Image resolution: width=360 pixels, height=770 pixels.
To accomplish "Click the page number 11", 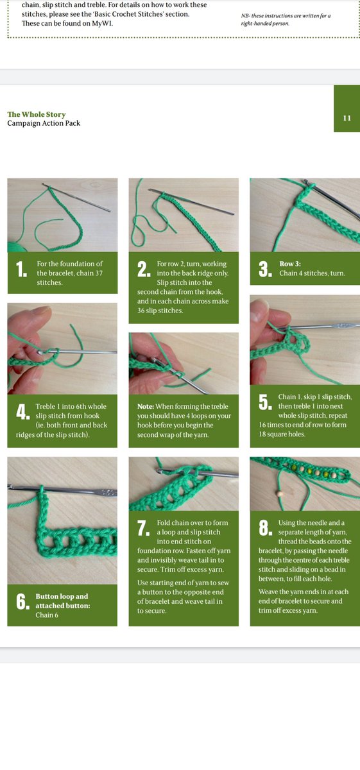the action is click(347, 118).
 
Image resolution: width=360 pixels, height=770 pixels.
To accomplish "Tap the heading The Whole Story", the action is click(37, 114).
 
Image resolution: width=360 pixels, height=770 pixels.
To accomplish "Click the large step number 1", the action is click(21, 269).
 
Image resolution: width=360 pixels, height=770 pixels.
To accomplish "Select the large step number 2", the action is click(143, 269).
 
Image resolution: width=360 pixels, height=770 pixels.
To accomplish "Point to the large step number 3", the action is click(265, 269).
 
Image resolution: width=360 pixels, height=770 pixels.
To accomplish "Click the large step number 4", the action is click(22, 412).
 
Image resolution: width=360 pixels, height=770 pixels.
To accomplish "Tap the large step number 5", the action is click(265, 402).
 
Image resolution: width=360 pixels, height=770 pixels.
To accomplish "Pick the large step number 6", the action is click(22, 602).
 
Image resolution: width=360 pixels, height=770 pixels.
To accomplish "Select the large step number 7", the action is click(143, 528).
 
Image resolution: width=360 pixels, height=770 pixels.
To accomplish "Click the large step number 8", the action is click(265, 528).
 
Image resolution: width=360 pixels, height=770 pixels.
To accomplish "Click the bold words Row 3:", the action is click(290, 264).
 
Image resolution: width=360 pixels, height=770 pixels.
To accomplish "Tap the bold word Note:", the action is click(146, 406).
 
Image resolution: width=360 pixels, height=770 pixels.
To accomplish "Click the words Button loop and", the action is click(62, 596).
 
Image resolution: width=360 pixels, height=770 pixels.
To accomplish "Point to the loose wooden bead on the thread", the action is click(280, 494).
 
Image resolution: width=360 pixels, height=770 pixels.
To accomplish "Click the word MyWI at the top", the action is click(102, 23).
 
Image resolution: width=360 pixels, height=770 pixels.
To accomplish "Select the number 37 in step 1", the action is click(98, 273).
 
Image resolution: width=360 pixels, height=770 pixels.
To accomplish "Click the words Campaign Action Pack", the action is click(44, 123).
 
